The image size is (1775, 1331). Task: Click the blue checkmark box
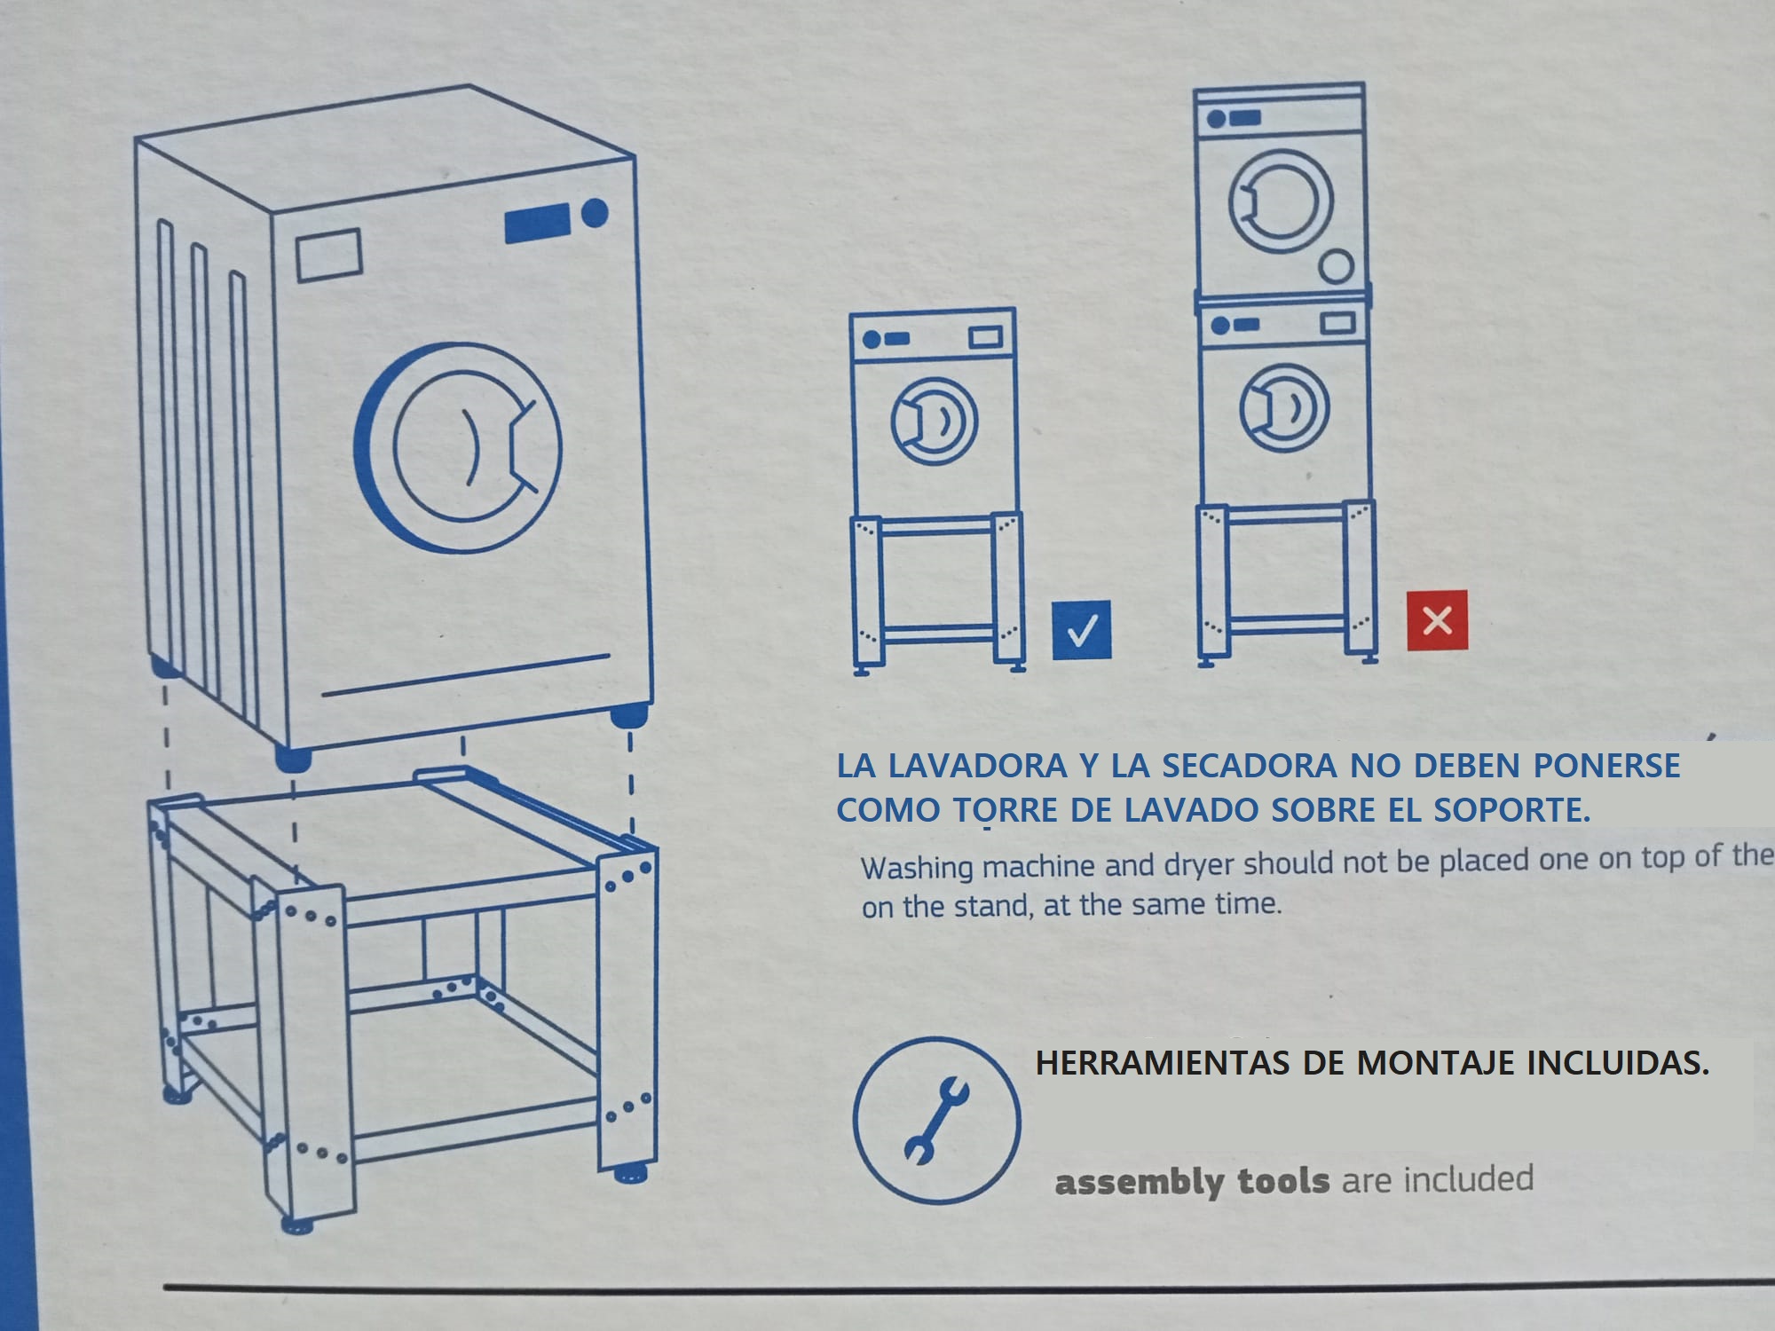click(1082, 630)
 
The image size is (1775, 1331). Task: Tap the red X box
click(1437, 620)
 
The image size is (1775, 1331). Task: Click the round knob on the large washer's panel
click(595, 212)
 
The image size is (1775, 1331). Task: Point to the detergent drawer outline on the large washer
click(328, 255)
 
